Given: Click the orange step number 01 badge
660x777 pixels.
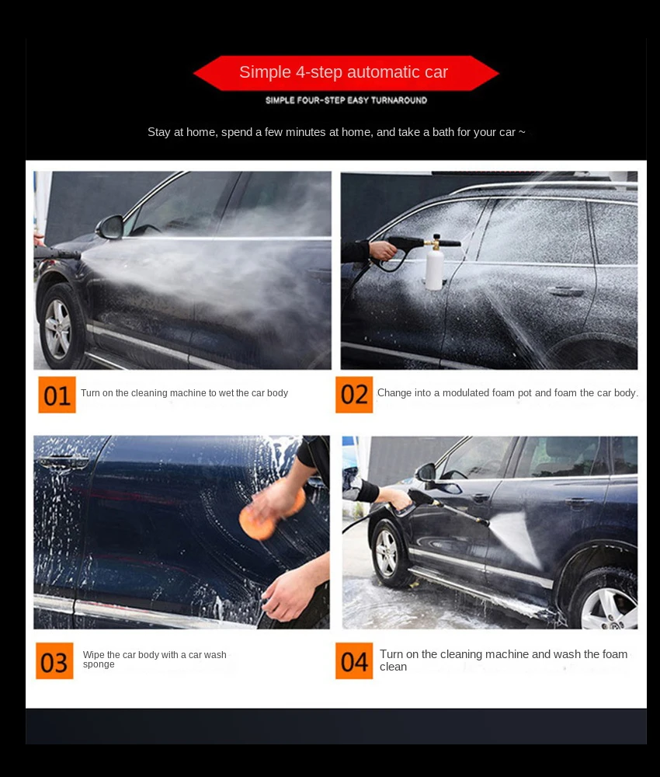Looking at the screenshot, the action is [57, 395].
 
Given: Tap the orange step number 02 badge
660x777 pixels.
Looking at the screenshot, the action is [354, 395].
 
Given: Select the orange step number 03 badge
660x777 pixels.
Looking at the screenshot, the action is [54, 661].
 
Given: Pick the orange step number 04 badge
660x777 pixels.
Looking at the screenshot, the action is [354, 661].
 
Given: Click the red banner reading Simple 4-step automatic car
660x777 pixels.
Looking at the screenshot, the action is [346, 73].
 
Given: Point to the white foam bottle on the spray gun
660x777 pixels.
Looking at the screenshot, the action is [434, 269].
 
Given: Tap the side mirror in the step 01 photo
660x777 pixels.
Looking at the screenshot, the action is [110, 227].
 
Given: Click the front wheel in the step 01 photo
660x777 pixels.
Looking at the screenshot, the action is [58, 327].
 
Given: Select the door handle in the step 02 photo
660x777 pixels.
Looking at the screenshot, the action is [566, 291].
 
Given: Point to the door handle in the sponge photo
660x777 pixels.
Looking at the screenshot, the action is [62, 461].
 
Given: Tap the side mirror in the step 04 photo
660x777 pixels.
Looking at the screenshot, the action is [426, 472].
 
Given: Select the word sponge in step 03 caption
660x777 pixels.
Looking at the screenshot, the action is [99, 665].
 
